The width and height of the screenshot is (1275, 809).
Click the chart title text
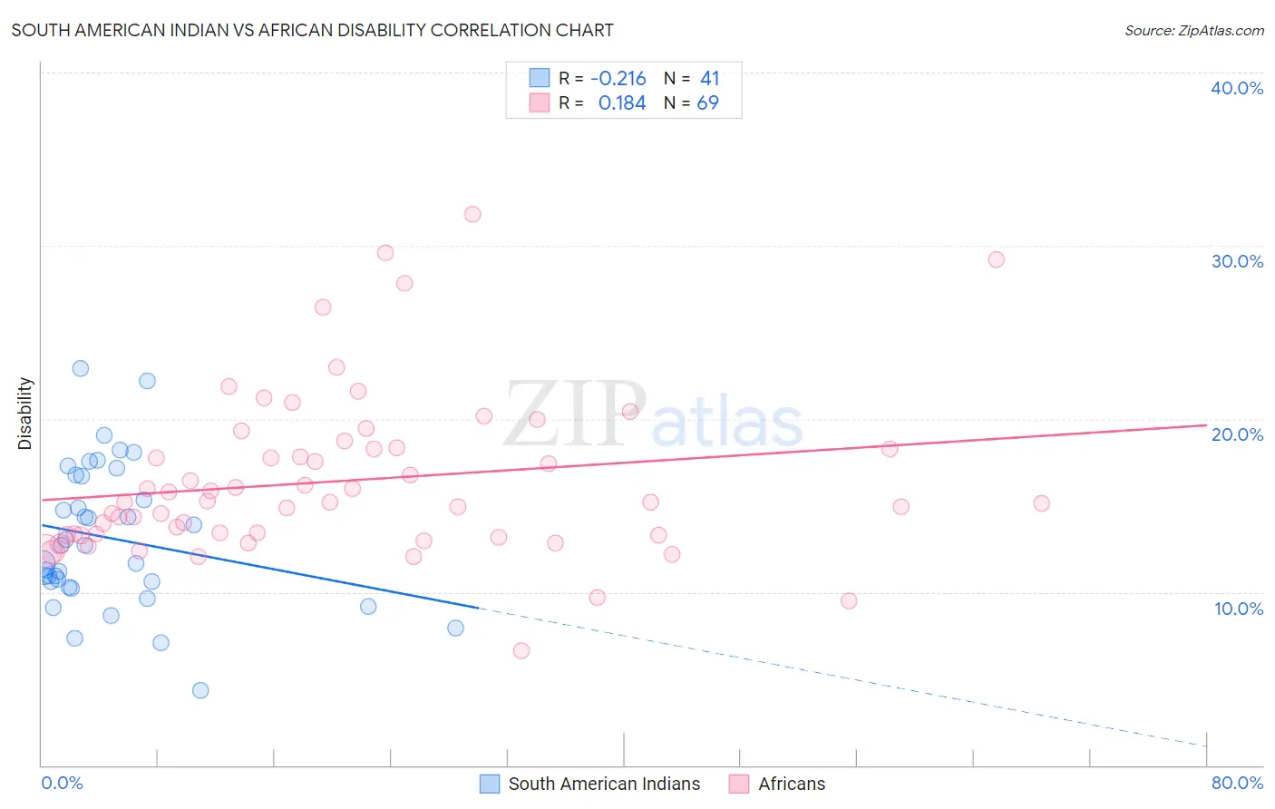coord(312,30)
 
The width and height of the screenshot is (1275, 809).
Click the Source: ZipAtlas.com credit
coord(1193,30)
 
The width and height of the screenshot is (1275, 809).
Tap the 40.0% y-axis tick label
coord(1237,88)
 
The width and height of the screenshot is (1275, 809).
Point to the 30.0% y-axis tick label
coord(1237,261)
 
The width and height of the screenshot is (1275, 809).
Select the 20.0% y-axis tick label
coord(1237,434)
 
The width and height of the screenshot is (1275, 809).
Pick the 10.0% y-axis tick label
coord(1237,609)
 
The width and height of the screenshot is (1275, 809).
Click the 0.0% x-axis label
coord(62,783)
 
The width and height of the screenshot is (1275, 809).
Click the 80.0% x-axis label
coord(1237,783)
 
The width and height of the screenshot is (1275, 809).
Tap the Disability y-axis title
coord(25,414)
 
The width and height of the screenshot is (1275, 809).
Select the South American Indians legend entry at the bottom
coord(590,784)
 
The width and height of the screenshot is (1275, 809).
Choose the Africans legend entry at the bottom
coord(778,784)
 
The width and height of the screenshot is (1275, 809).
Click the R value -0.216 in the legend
coord(618,79)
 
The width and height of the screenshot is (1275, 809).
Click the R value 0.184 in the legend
coord(622,103)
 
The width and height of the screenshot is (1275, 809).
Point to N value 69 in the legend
coord(707,103)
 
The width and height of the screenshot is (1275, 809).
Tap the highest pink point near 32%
coord(472,215)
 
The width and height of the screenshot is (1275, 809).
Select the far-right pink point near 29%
coord(996,259)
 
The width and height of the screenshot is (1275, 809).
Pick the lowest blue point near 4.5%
coord(200,690)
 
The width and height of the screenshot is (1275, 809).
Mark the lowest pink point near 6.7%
coord(521,650)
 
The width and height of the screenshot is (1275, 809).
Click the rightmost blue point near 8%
coord(455,628)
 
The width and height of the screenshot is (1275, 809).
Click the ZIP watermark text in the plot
coord(575,415)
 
